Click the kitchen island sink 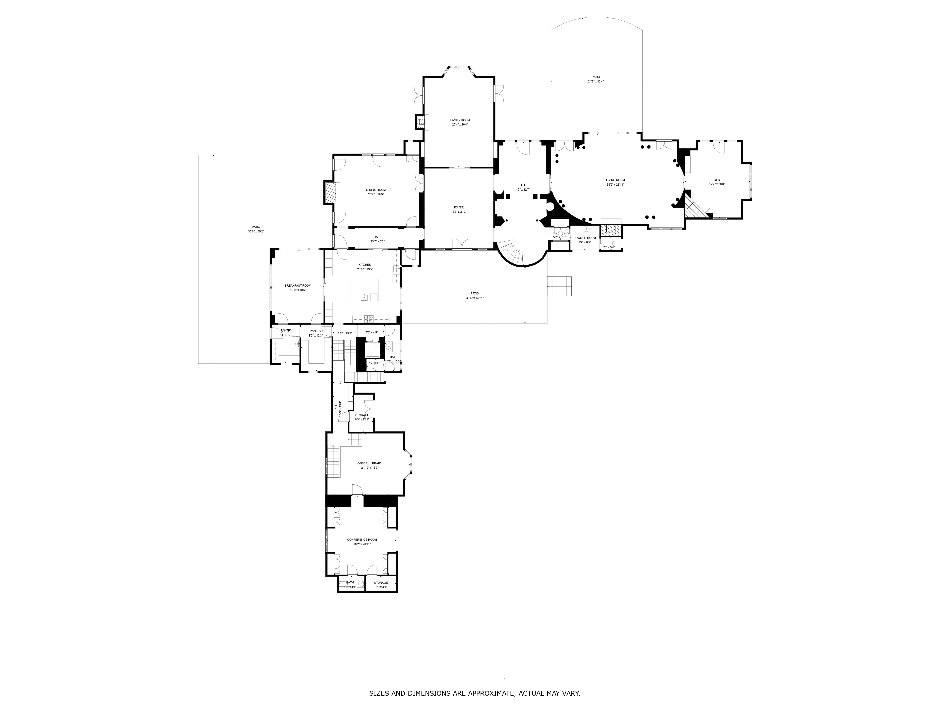364,297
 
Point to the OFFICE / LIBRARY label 369,463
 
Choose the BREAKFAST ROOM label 298,285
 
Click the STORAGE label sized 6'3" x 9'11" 362,415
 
